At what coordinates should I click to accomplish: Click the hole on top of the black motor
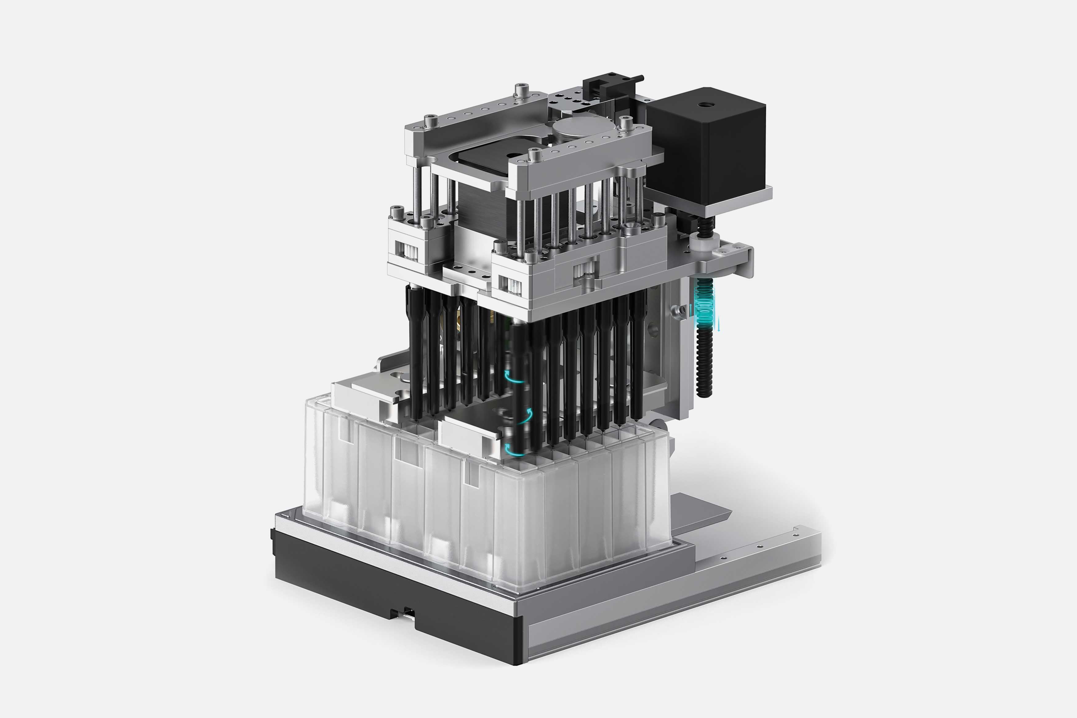tap(703, 105)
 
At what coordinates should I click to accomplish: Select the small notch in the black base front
tap(404, 612)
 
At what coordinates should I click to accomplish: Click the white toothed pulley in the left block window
tap(408, 251)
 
